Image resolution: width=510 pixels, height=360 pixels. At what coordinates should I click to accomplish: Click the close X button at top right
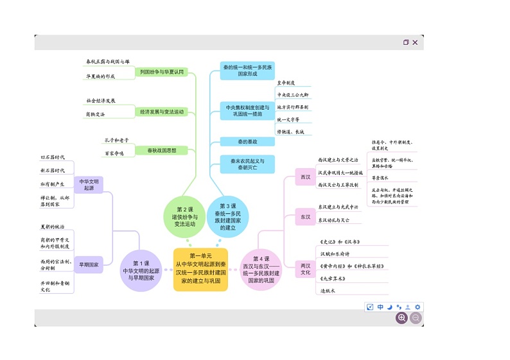click(415, 42)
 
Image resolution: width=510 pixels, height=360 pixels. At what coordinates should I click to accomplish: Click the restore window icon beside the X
click(406, 42)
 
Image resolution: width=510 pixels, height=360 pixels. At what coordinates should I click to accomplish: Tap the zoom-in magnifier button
click(402, 317)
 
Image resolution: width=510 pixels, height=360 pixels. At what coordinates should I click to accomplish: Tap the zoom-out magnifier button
click(416, 317)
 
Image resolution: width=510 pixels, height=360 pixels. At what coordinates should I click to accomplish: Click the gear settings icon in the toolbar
click(418, 307)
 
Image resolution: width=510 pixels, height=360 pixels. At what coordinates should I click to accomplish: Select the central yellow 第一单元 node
click(200, 270)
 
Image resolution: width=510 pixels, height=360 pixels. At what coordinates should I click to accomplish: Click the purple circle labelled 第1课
click(141, 270)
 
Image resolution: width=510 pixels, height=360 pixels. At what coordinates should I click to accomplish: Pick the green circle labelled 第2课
click(185, 216)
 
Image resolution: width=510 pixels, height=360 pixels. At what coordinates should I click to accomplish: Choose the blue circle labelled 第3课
click(227, 217)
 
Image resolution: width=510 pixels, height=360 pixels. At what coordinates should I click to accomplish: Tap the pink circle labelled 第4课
click(261, 270)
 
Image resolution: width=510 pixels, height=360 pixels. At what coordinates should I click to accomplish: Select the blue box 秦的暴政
click(247, 141)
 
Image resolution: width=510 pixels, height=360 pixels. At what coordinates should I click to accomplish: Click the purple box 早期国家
click(88, 264)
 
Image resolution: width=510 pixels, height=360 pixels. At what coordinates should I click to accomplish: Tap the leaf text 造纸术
click(329, 291)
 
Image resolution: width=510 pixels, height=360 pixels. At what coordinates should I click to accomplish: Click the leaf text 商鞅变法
click(95, 114)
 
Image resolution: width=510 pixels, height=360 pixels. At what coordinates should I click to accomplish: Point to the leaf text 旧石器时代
click(53, 157)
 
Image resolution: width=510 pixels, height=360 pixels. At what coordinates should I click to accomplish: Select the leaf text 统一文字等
click(288, 119)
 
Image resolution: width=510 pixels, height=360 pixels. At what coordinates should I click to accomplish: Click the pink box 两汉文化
click(306, 269)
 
